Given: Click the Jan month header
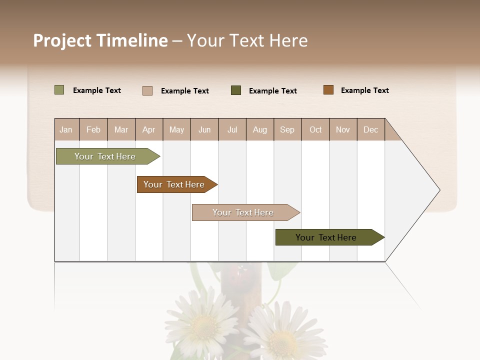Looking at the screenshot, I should (x=66, y=129).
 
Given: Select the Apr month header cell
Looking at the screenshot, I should (x=148, y=129).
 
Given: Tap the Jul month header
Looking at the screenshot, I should (x=232, y=129).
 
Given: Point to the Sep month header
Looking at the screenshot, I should (x=287, y=129).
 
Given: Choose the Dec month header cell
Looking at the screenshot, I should (x=370, y=129).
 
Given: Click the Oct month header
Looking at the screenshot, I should (x=315, y=129).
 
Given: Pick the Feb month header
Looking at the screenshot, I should (x=93, y=129).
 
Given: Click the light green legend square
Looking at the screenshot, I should (x=59, y=90).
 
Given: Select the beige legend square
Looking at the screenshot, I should (x=147, y=90).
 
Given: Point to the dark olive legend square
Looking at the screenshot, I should (x=236, y=90).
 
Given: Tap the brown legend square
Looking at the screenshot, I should (x=328, y=90).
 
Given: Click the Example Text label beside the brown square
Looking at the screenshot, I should (x=364, y=90).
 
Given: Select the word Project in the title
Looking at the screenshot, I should (x=62, y=40).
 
